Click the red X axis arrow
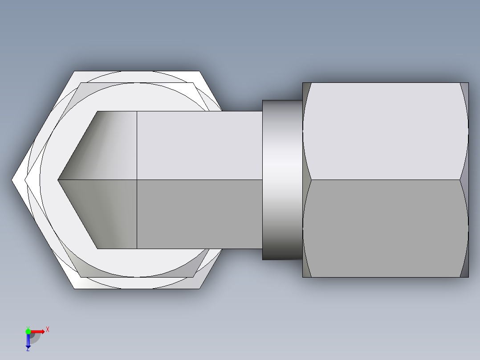[x=38, y=331]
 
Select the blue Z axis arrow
[x=28, y=341]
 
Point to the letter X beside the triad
[x=48, y=329]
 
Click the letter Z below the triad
[x=28, y=350]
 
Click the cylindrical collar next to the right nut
[x=282, y=180]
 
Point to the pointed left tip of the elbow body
[x=59, y=180]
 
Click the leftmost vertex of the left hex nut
[x=12, y=180]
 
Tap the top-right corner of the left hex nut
[x=199, y=72]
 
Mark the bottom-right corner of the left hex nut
[x=199, y=288]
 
